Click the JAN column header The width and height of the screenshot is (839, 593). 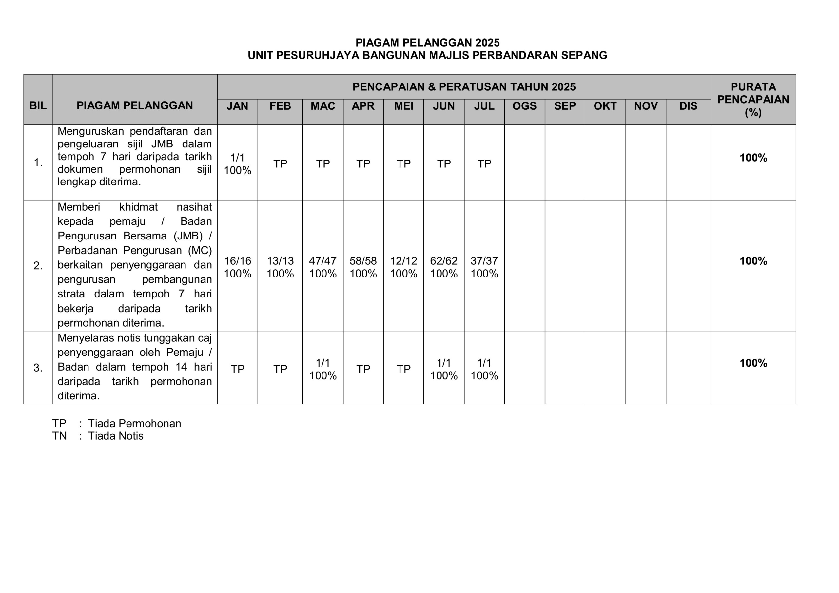(237, 106)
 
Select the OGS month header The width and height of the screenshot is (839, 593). (524, 106)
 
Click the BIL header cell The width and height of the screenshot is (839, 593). (38, 105)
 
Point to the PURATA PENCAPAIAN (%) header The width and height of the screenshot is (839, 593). (753, 99)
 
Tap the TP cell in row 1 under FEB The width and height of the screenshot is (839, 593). (280, 164)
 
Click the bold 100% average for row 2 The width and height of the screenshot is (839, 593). (753, 261)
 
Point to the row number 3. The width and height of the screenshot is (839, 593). (38, 368)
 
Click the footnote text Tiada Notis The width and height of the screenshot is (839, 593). (115, 436)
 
